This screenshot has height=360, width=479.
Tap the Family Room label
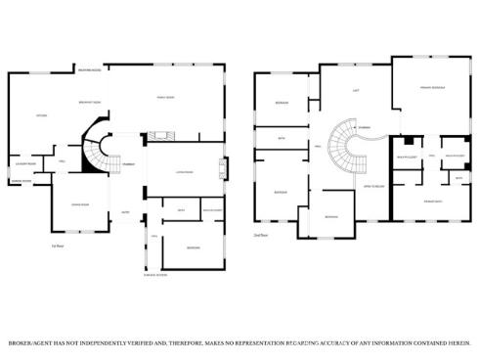(166, 97)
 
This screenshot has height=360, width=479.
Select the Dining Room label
(80, 203)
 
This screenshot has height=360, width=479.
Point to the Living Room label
(183, 173)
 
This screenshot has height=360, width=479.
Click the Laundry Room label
(25, 163)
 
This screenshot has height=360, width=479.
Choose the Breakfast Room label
(92, 103)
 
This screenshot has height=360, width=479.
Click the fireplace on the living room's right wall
(224, 169)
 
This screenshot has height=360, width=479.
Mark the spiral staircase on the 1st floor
(96, 151)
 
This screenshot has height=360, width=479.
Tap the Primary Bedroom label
(431, 88)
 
